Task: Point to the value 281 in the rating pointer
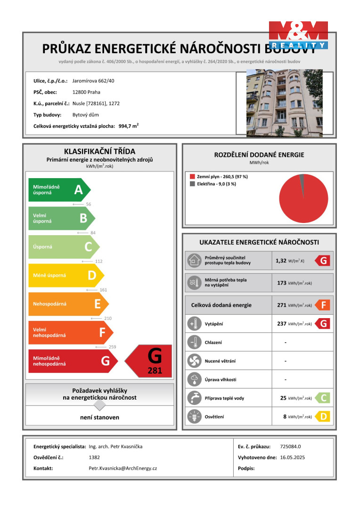[155, 371]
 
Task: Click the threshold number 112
[98, 261]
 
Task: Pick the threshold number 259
[112, 347]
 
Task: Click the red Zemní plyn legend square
[192, 177]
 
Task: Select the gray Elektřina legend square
[192, 184]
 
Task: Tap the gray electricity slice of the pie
[302, 178]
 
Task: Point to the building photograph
[285, 103]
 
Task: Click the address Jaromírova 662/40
[93, 81]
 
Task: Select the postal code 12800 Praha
[86, 92]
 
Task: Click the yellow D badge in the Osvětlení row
[323, 417]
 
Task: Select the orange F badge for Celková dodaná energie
[323, 305]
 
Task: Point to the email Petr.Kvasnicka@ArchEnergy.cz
[123, 468]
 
